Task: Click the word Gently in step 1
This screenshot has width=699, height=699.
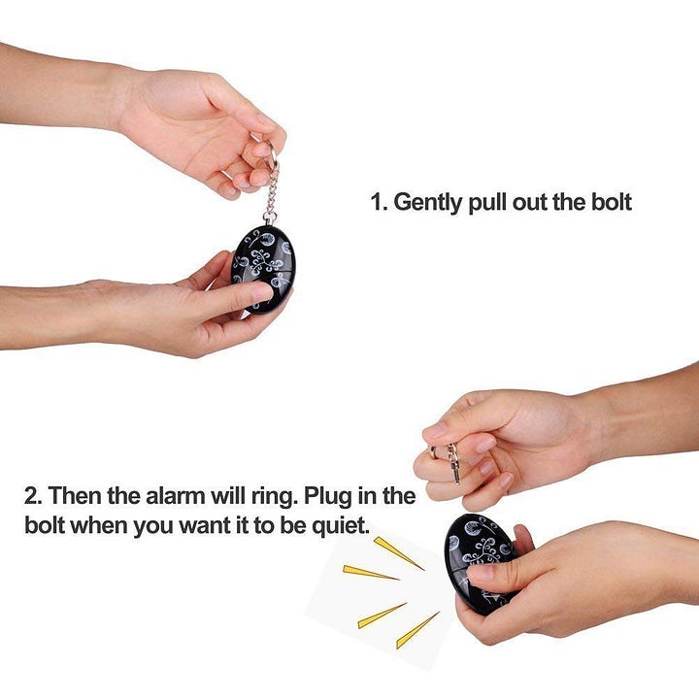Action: click(427, 203)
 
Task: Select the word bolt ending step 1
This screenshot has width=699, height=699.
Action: click(612, 202)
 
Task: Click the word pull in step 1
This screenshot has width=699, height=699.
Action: click(487, 203)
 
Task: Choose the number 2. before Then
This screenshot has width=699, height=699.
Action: click(33, 496)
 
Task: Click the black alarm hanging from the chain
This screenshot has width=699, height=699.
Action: click(263, 269)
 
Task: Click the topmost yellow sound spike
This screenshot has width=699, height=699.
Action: click(398, 552)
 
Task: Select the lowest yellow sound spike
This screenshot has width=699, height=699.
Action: click(417, 630)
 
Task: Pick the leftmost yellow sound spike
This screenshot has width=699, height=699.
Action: click(370, 573)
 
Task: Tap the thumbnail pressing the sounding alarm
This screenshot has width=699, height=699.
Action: click(480, 573)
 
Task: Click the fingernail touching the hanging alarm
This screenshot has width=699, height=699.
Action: click(262, 292)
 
